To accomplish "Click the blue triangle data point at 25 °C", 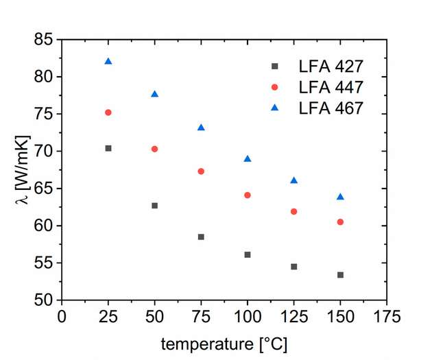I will [x=108, y=62].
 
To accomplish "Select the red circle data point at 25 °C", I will [x=108, y=112].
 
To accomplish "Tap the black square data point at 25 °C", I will [x=108, y=148].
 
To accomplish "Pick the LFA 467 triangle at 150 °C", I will [x=340, y=197].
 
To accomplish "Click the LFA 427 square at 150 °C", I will [x=340, y=275].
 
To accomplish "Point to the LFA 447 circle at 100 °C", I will [x=248, y=195].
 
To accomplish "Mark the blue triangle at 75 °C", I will [x=201, y=128].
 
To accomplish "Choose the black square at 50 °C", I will [x=154, y=206].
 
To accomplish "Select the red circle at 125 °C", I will [x=294, y=212].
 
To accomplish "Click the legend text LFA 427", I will [x=331, y=67].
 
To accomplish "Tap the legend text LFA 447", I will [x=331, y=87].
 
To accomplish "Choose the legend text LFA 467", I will [x=331, y=108].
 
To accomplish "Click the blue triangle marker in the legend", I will [x=275, y=107].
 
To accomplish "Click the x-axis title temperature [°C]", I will [x=224, y=343].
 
